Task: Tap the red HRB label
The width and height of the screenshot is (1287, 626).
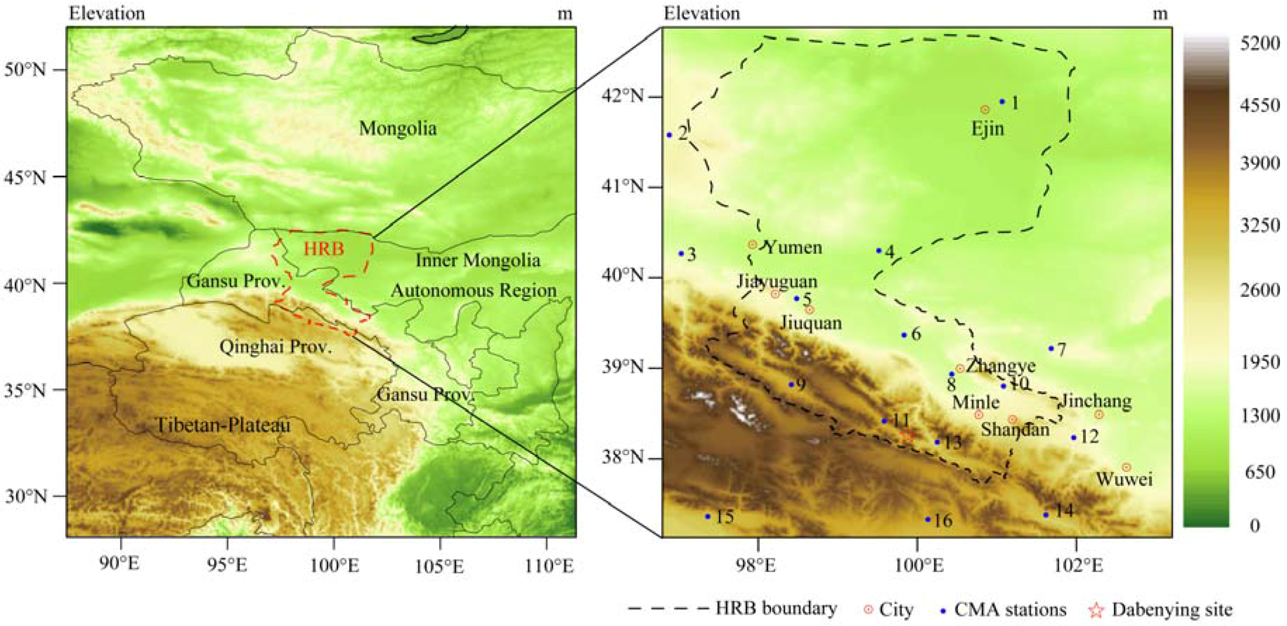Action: click(324, 249)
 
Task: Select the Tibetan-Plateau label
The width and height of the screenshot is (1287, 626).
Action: click(223, 425)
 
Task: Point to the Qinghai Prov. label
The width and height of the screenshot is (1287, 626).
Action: click(275, 347)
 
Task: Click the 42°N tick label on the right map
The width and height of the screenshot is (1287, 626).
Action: click(623, 96)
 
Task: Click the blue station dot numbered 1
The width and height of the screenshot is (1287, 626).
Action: click(1002, 101)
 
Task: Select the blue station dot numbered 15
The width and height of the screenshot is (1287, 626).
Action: click(707, 516)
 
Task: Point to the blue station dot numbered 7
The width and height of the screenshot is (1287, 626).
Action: click(1051, 349)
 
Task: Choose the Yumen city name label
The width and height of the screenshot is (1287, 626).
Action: click(794, 247)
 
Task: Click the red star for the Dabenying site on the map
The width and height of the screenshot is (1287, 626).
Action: click(908, 435)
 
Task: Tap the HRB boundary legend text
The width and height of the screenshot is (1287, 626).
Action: click(776, 608)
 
